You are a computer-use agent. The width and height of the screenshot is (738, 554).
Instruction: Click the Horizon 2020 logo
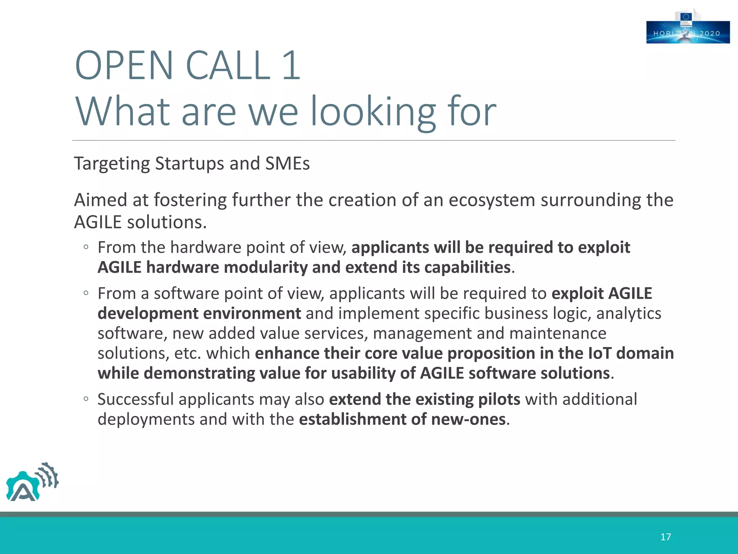[x=688, y=32]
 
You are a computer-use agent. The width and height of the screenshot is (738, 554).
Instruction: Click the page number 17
[x=665, y=537]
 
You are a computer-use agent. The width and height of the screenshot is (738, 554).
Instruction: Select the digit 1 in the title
[x=291, y=66]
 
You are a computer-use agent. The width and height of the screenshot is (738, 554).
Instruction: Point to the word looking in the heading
[x=373, y=112]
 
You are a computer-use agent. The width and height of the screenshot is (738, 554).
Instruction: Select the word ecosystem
[x=492, y=200]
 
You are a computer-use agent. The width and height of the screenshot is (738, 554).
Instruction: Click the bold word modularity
[x=265, y=267]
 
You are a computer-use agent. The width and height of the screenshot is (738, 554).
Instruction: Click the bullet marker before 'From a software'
[x=86, y=293]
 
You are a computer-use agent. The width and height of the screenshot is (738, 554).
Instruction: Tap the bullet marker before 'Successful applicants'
[x=86, y=399]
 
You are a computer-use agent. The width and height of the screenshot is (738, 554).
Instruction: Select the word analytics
[x=628, y=313]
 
